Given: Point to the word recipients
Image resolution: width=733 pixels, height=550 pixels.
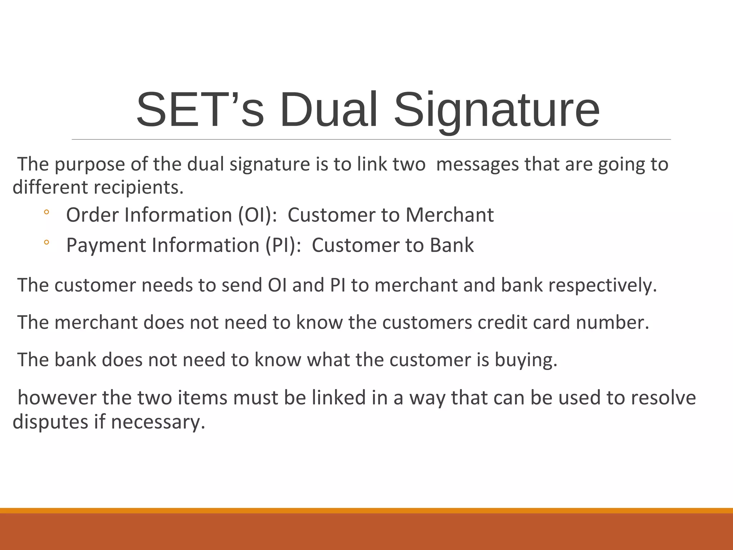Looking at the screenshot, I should point(139,187).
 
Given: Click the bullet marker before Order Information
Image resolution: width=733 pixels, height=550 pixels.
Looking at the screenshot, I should point(46,213).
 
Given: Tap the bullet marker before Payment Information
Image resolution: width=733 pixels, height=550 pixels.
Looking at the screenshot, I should point(46,243).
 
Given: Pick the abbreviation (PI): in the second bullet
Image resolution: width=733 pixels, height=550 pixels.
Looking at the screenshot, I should point(283,245).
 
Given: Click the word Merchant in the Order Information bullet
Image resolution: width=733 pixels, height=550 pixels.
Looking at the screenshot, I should point(450,215).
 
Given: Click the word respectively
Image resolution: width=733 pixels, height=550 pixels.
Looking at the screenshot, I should point(603,285).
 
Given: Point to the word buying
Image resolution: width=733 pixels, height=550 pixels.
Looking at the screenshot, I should point(526,360).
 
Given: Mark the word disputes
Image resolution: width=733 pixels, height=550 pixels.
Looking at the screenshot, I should point(50,422).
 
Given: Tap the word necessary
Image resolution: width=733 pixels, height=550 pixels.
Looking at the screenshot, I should point(158,422).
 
